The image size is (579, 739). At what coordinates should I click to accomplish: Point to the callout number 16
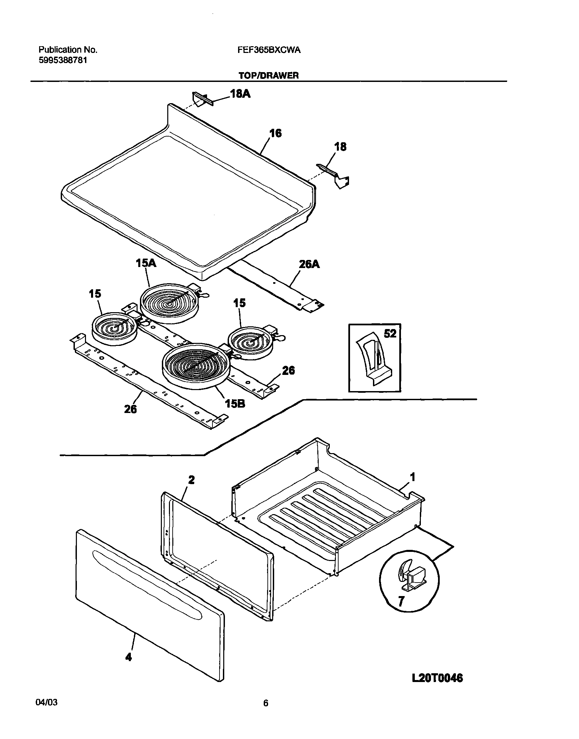click(x=275, y=134)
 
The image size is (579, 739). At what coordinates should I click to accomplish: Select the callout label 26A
click(x=309, y=264)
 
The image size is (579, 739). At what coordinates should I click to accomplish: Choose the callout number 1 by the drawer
click(x=412, y=477)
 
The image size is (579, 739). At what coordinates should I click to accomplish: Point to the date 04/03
click(x=47, y=712)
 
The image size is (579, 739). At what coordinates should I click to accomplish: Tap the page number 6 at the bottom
click(x=266, y=713)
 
